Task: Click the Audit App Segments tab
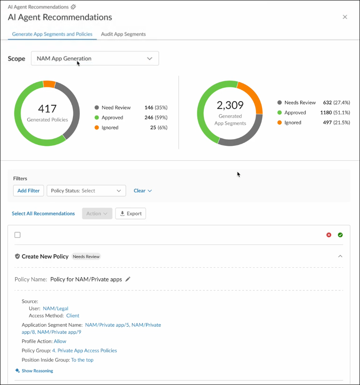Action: click(x=123, y=34)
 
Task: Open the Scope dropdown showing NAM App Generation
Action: click(x=95, y=58)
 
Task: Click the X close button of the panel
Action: click(x=345, y=17)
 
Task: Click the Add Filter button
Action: click(x=29, y=191)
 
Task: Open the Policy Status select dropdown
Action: click(x=86, y=191)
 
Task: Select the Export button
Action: click(x=131, y=213)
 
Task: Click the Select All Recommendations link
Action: click(x=43, y=214)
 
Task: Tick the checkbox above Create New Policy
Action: click(x=17, y=235)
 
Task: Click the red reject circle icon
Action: click(x=328, y=235)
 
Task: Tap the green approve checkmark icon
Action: click(x=340, y=235)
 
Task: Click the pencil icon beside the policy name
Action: click(x=128, y=279)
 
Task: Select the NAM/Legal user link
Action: click(x=55, y=308)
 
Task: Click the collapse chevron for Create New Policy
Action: click(x=340, y=256)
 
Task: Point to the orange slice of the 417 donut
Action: click(x=49, y=84)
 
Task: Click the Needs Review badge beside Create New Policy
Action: click(x=86, y=257)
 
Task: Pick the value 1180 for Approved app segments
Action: click(x=326, y=113)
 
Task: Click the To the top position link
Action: click(x=82, y=360)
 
